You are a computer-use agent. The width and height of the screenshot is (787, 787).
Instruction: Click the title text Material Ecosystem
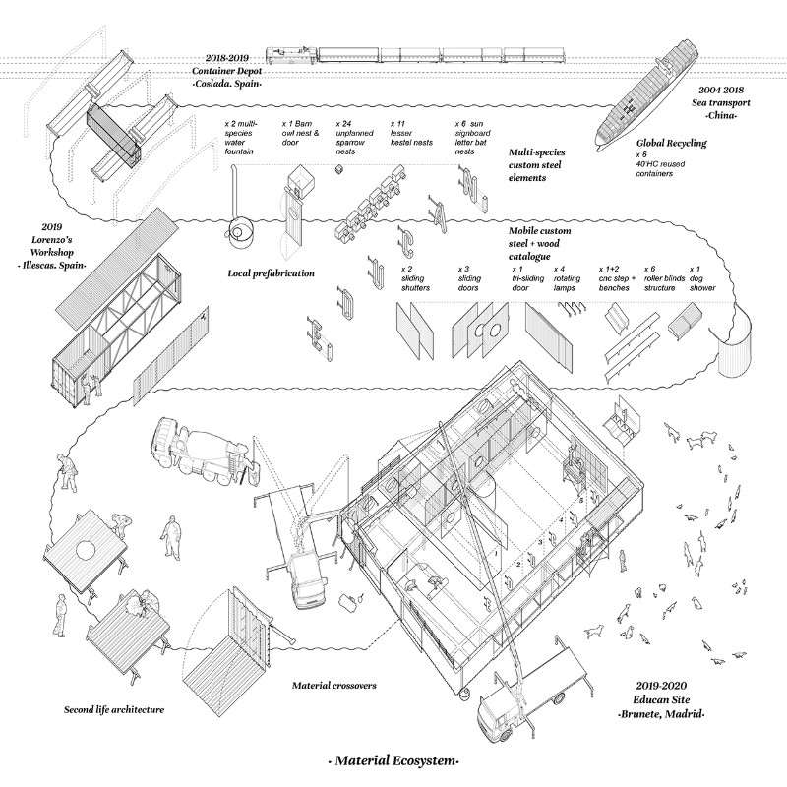(393, 761)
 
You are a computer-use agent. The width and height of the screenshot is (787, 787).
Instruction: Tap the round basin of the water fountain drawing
(239, 234)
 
